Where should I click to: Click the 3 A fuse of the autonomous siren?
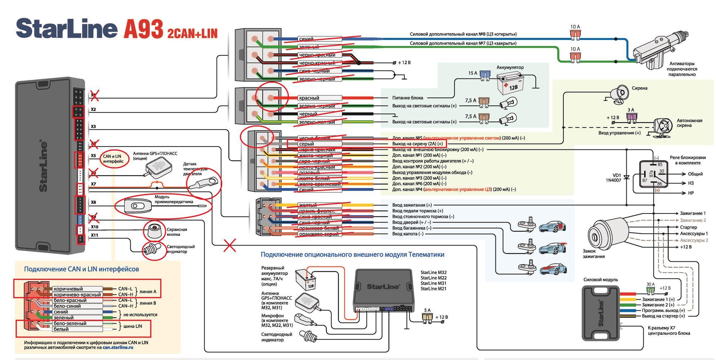tap(631, 117)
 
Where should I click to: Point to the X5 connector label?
tap(93, 156)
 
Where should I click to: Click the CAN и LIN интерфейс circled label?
tap(112, 159)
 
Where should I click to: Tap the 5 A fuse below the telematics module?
tap(428, 317)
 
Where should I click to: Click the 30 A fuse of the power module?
tap(650, 290)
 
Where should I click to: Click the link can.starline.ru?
tap(118, 347)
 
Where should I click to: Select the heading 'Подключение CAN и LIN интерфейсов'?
tap(81, 269)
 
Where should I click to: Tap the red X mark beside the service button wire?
tap(230, 246)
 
